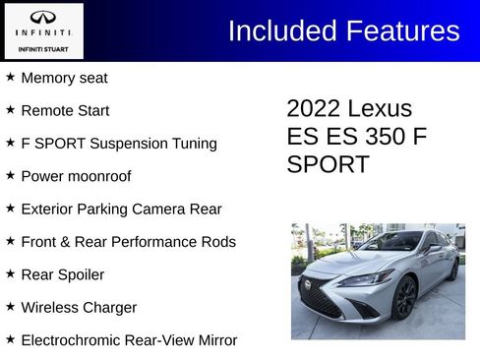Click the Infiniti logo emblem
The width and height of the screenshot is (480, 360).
42,17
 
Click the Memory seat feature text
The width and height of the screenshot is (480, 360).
64,78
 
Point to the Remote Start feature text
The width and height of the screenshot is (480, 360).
65,110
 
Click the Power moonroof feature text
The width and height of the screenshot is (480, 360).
76,176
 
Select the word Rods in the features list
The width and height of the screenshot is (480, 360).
218,242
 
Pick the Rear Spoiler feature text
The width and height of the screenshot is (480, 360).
62,274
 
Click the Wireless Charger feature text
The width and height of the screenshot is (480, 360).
79,308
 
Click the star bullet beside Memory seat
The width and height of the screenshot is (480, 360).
10,77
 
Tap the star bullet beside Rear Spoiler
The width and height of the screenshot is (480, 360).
10,273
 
